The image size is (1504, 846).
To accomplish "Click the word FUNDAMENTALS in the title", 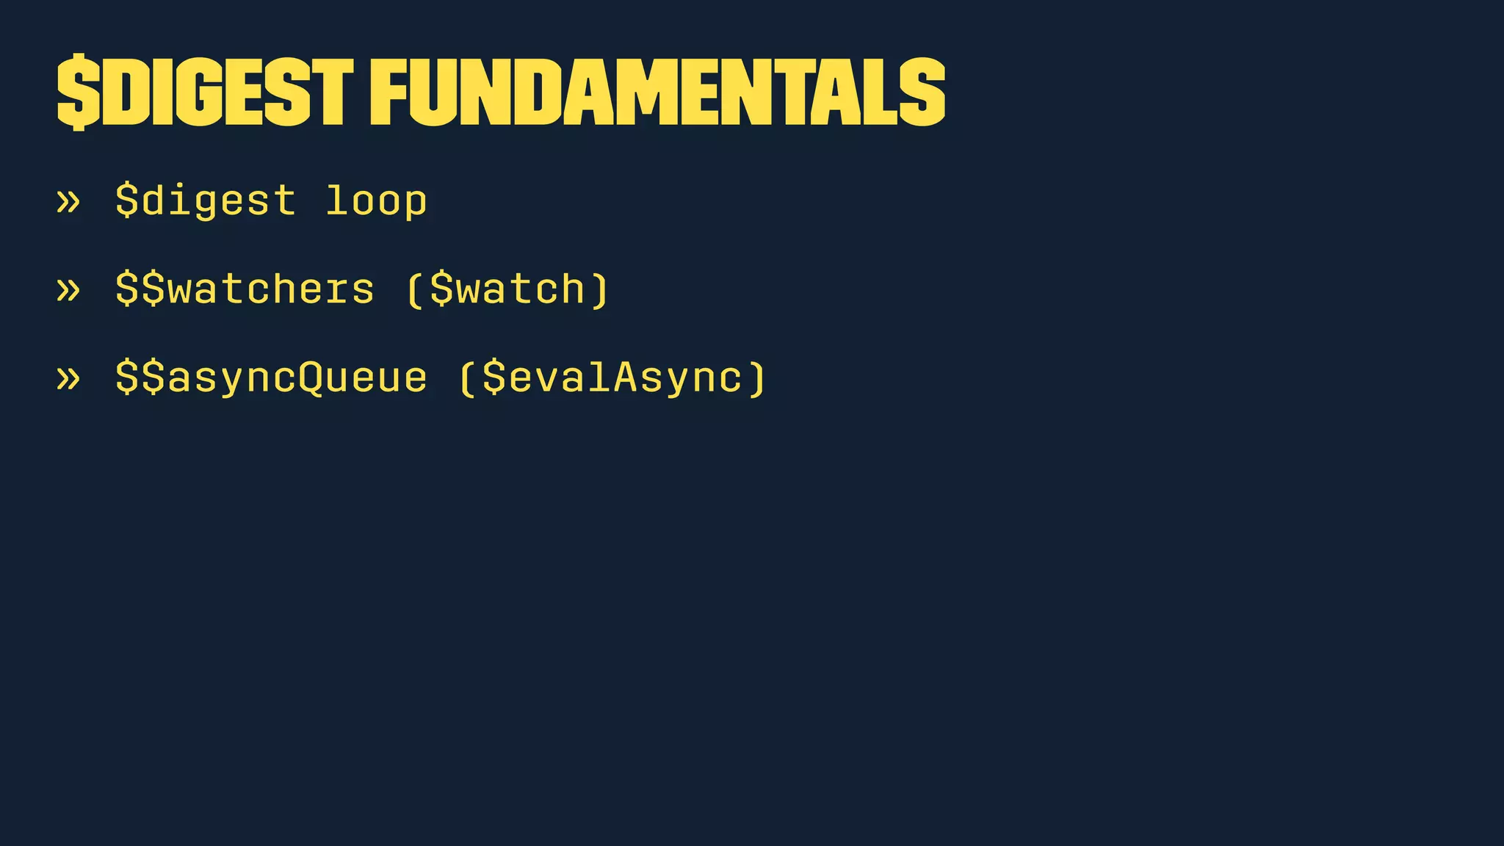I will click(657, 92).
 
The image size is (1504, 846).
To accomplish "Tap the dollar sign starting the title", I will click(77, 93).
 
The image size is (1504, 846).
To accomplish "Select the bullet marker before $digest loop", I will click(68, 201).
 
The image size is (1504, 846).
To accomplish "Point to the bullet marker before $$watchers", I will click(68, 289).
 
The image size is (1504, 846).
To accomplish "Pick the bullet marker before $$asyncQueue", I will click(68, 378).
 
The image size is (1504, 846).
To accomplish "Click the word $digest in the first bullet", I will click(206, 201).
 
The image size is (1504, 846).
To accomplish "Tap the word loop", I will click(376, 201).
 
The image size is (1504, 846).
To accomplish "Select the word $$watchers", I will click(245, 289).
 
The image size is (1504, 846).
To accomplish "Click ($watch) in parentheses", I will click(507, 289).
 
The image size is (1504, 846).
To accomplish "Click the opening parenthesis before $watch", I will click(415, 289).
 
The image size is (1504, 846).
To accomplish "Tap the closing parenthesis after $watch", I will click(599, 289).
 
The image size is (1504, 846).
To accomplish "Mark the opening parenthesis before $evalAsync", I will click(468, 378).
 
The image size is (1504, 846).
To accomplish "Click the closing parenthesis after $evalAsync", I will click(757, 378).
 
